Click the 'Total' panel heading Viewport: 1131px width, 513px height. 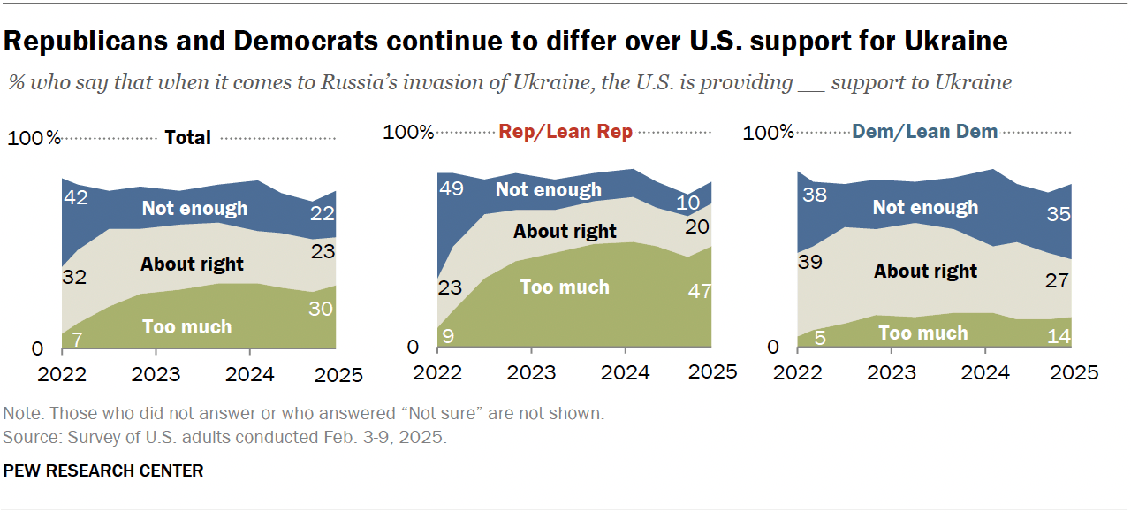point(188,137)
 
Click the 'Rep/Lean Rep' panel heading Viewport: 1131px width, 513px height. point(565,132)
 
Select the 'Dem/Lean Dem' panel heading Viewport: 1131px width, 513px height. point(924,132)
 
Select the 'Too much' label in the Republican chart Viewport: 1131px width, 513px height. point(565,287)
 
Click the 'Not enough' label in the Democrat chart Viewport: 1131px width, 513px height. point(925,207)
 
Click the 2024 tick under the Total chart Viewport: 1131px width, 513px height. point(249,374)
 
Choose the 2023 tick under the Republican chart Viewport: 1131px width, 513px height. point(530,371)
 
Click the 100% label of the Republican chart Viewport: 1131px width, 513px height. point(409,133)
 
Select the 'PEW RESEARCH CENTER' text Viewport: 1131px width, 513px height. point(103,471)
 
